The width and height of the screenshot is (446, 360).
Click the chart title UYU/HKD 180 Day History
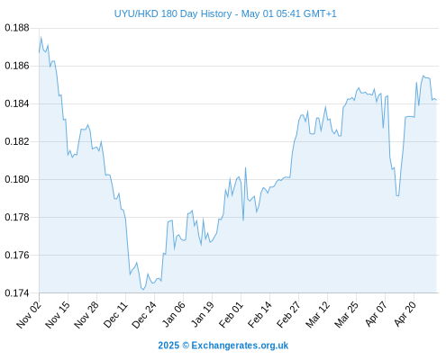pyautogui.click(x=173, y=13)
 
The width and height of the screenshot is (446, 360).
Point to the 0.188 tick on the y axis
pyautogui.click(x=17, y=28)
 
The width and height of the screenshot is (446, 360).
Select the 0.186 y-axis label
pyautogui.click(x=17, y=66)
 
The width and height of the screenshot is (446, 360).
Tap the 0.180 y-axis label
pyautogui.click(x=17, y=179)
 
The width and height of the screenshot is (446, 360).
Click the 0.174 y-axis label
pyautogui.click(x=17, y=292)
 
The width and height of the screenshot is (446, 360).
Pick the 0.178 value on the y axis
pyautogui.click(x=17, y=217)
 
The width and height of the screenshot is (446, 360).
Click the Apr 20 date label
pyautogui.click(x=405, y=314)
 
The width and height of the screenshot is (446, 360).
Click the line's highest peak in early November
pyautogui.click(x=41, y=37)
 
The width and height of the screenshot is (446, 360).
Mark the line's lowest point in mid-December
pyautogui.click(x=143, y=290)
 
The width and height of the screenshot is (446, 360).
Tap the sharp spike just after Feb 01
pyautogui.click(x=245, y=167)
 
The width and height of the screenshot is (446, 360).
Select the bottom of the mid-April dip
pyautogui.click(x=398, y=196)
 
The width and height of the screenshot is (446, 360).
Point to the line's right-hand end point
pyautogui.click(x=436, y=100)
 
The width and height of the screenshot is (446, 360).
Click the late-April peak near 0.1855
pyautogui.click(x=423, y=76)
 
